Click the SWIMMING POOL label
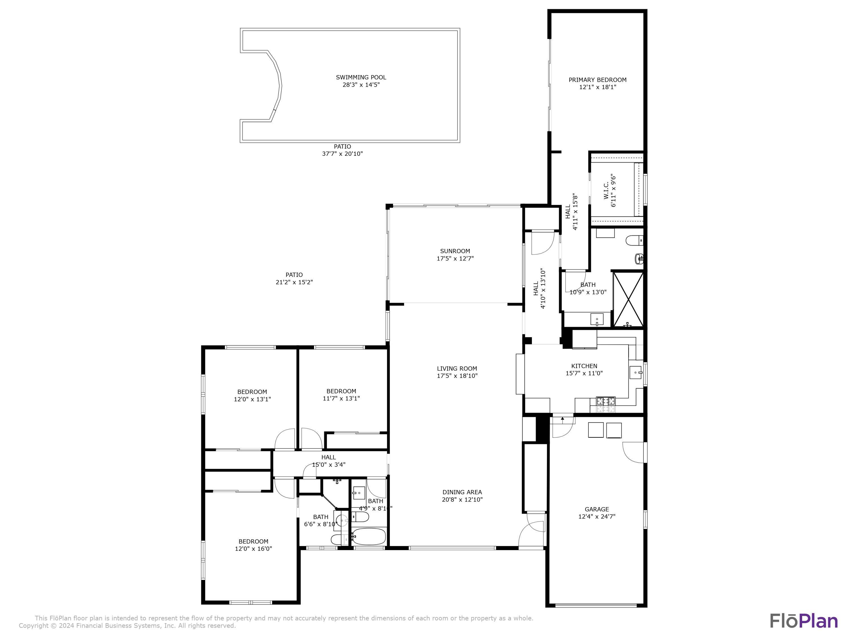(361, 77)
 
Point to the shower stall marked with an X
(628, 299)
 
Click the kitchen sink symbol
(636, 372)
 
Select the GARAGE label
(596, 509)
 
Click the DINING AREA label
(462, 492)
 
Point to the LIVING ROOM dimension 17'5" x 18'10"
(457, 376)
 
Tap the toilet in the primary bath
(634, 241)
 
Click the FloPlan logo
(803, 621)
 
